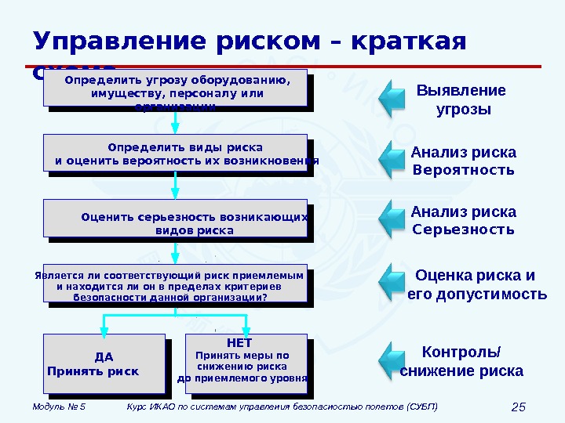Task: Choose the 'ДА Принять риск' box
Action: click(104, 362)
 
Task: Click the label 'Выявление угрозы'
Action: click(462, 99)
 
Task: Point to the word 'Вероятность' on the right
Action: click(463, 170)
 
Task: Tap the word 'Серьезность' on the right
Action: click(463, 230)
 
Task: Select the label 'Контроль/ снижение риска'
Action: click(461, 360)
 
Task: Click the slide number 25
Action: click(517, 407)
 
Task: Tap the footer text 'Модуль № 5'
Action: click(59, 407)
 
